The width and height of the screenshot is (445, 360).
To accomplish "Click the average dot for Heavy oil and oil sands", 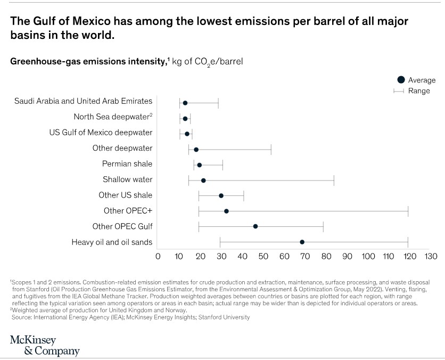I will click(x=302, y=242).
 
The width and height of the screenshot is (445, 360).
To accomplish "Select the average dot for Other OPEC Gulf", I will click(x=256, y=226).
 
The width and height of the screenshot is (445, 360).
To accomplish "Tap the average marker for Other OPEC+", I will click(x=226, y=211).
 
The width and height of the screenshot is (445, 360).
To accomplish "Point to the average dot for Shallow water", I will click(x=203, y=180).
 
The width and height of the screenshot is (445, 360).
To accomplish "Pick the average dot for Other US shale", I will click(x=221, y=195).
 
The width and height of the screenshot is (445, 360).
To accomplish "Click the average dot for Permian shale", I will click(x=200, y=165).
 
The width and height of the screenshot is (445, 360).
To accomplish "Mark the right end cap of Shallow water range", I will click(x=334, y=180).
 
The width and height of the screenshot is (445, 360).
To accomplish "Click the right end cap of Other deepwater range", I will click(x=271, y=149).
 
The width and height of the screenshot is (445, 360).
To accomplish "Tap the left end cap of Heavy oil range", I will click(x=220, y=242).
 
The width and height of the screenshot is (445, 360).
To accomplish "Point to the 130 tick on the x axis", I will click(x=431, y=257).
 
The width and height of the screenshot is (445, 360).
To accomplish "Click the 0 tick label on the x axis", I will click(x=158, y=257).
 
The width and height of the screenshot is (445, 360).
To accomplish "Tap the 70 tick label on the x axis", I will click(x=304, y=257).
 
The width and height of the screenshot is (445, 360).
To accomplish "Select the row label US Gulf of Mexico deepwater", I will click(x=101, y=132).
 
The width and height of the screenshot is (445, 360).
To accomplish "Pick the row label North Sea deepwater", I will click(x=113, y=117).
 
